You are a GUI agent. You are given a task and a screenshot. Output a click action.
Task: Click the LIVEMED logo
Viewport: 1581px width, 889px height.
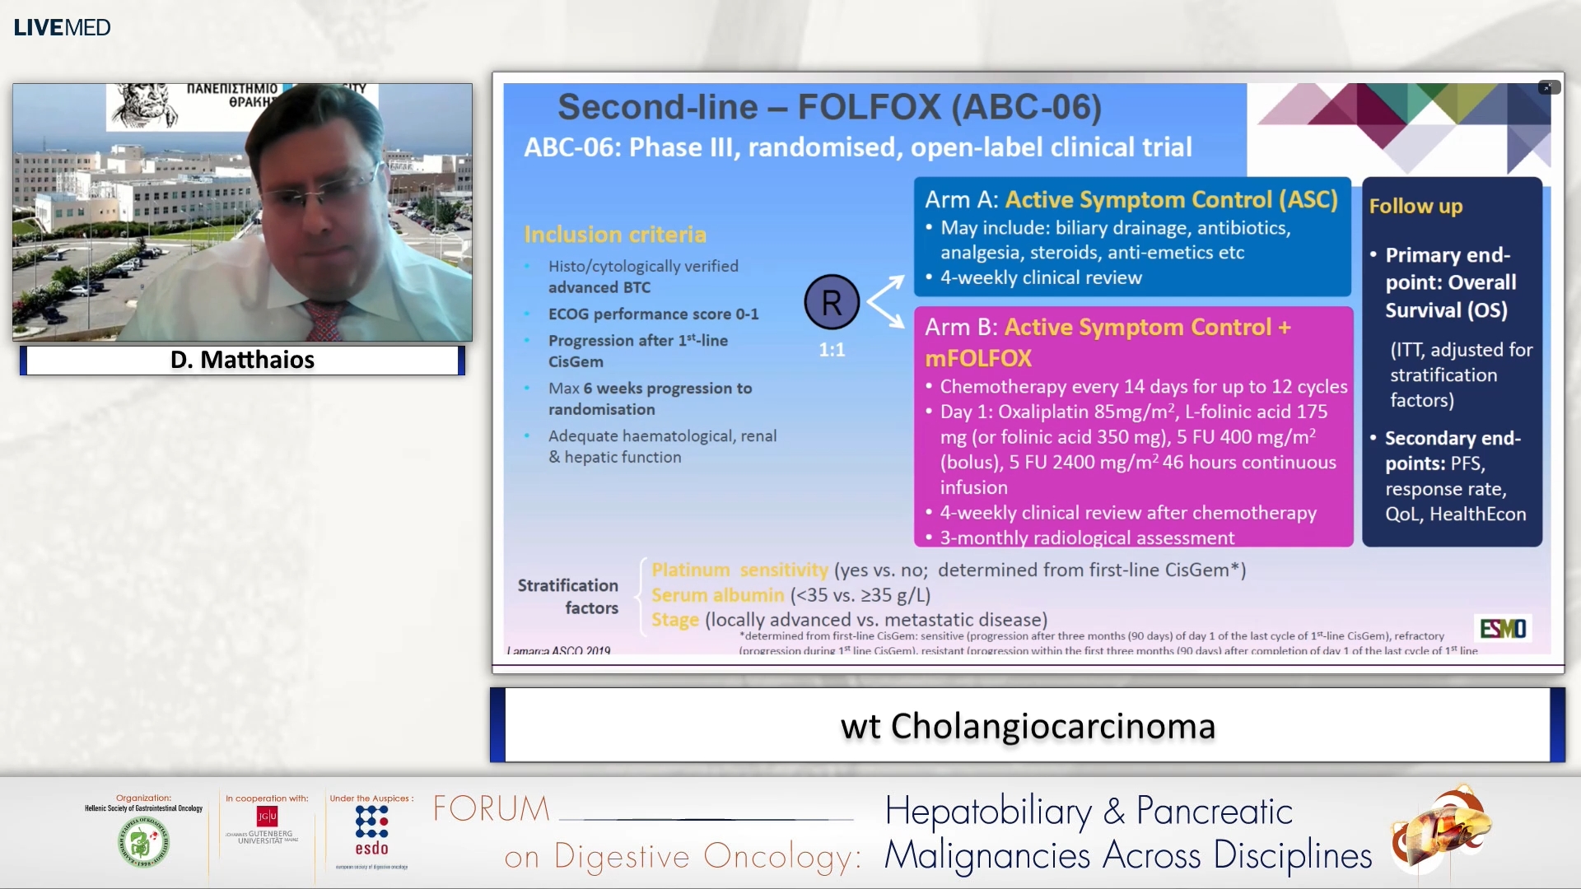coord(62,27)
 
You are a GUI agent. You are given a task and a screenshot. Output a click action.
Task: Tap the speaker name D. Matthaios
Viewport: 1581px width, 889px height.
coord(242,360)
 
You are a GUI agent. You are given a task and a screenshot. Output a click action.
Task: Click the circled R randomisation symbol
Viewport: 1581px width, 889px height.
coord(832,303)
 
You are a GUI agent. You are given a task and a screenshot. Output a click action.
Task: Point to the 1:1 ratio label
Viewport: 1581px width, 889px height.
coord(832,350)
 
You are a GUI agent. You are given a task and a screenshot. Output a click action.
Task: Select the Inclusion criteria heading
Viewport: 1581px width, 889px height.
coord(615,235)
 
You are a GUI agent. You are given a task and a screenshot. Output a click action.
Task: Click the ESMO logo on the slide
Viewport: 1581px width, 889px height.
coord(1503,629)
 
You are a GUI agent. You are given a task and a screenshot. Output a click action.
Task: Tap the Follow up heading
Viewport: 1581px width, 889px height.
coord(1415,206)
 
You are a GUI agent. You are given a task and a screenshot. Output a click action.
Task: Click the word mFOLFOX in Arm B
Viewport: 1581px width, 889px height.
coord(977,358)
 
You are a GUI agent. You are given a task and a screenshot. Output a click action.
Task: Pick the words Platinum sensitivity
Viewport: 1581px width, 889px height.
coord(739,570)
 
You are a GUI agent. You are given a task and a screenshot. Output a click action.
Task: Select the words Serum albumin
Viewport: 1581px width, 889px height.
coord(717,595)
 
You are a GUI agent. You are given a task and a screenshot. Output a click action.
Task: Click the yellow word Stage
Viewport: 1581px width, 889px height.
coord(674,620)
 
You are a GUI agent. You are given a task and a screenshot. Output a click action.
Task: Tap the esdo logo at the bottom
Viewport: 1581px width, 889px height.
coord(371,831)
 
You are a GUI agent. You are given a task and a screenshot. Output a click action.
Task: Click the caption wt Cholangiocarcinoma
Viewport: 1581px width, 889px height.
coord(1027,726)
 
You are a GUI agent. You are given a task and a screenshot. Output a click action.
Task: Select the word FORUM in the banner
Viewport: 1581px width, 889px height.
coord(492,809)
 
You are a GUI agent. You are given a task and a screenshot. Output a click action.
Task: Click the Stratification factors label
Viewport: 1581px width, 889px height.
coord(568,596)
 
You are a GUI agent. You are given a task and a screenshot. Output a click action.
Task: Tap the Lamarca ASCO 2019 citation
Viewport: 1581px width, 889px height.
coord(558,650)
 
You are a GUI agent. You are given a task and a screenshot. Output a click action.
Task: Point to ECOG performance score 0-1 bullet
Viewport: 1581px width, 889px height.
coord(653,314)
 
